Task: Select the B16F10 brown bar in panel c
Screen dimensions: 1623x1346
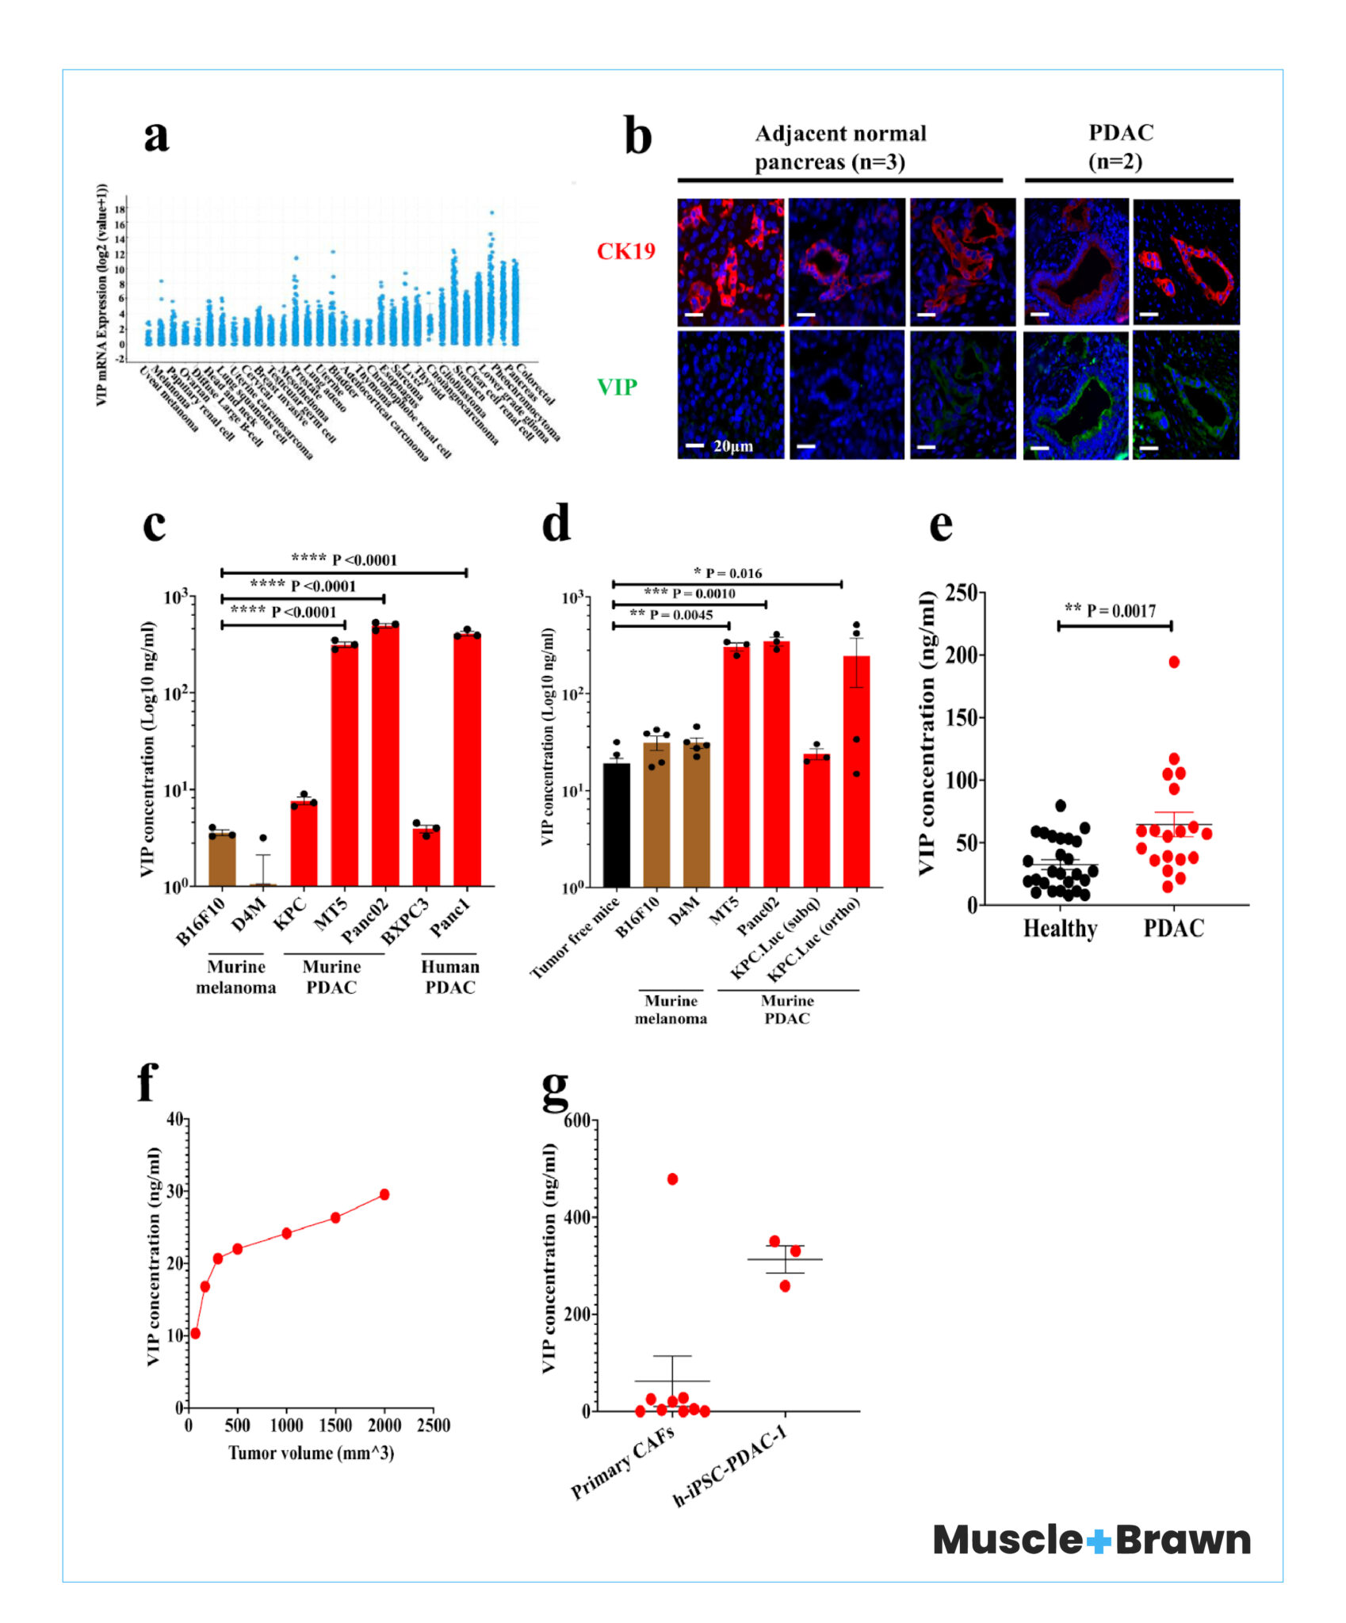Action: pos(222,859)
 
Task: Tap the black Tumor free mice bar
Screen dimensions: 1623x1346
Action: pos(616,824)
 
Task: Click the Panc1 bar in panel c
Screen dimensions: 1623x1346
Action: pos(467,760)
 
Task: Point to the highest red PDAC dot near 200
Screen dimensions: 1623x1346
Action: pos(1174,662)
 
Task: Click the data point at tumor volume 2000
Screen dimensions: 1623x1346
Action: pos(384,1194)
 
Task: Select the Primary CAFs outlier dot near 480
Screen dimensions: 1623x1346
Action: pos(672,1179)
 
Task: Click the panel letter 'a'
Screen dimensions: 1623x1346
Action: pos(156,135)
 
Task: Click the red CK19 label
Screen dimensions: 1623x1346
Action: pos(625,251)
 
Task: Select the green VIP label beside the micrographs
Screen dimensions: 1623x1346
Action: pos(617,387)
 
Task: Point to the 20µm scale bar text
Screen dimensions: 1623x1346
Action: pos(733,446)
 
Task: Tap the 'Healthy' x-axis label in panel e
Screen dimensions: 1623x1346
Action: pos(1060,928)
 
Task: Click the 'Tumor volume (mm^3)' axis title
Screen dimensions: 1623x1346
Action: pos(312,1453)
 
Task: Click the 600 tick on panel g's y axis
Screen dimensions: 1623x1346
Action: pos(577,1121)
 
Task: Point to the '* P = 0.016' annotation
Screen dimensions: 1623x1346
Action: pos(728,573)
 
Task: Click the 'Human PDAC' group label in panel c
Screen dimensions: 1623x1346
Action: pos(449,977)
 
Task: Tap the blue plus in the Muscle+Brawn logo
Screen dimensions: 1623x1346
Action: pos(1098,1541)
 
